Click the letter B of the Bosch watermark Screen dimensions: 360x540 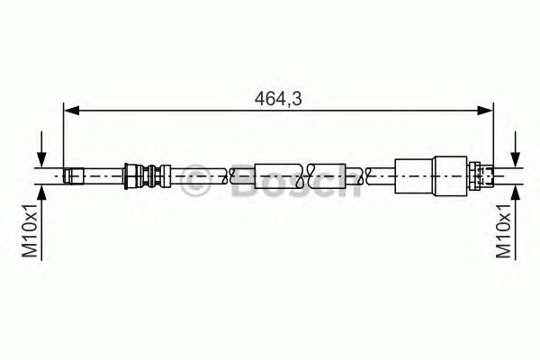242,183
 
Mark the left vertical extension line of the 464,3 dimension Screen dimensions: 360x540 63,135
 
